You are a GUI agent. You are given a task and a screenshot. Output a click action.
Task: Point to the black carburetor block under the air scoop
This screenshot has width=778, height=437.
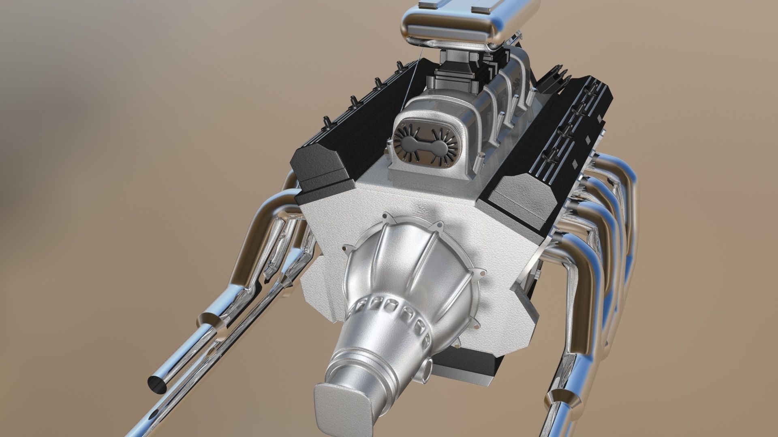pos(450,77)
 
